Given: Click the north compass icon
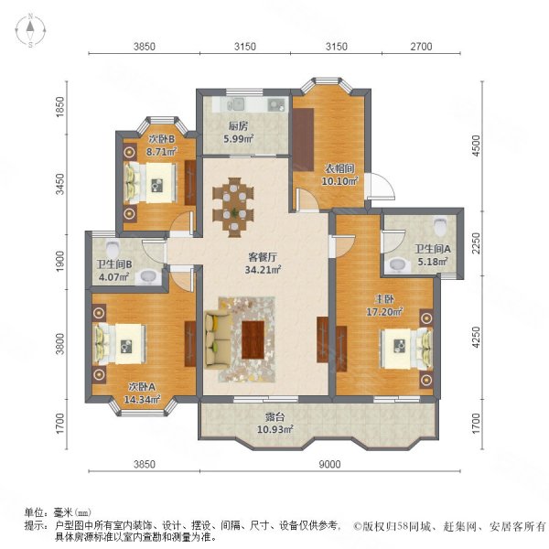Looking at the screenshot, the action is pos(31,31).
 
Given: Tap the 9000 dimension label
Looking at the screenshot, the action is pos(329,464).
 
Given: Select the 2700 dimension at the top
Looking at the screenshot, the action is pos(421,47).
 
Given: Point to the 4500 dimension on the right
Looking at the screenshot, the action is pos(476,146).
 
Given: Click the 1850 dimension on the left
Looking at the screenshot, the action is pos(60,106).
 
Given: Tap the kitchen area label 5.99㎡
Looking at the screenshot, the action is pos(239,139).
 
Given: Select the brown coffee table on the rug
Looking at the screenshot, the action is pos(253,339).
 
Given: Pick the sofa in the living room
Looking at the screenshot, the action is pos(218,340).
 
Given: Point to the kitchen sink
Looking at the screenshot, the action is pos(236,104).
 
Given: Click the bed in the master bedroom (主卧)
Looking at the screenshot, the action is pos(407,349).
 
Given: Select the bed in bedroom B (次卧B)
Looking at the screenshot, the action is pos(151,183).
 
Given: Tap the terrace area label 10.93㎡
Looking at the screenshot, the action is pos(275,429).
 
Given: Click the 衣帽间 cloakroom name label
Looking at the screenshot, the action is pos(339,168).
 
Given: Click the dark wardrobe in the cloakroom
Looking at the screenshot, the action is pos(303,139).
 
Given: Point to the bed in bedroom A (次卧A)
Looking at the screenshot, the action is pos(120,344).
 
